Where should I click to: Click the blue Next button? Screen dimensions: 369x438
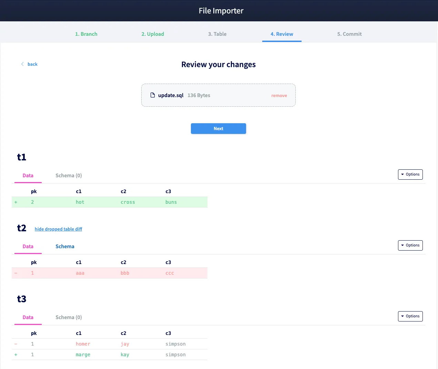point(218,128)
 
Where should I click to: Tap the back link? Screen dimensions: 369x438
point(32,64)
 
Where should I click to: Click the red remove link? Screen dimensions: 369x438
point(279,96)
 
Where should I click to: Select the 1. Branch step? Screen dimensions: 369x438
point(86,34)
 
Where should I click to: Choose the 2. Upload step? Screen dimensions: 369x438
point(153,34)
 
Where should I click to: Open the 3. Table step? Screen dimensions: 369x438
point(217,34)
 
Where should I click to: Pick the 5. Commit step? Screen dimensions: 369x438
point(349,34)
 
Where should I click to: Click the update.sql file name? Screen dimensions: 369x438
point(171,95)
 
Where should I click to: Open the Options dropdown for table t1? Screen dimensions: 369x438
point(410,175)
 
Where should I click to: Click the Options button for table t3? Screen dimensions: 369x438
point(410,316)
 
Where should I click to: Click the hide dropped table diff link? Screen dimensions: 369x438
point(58,229)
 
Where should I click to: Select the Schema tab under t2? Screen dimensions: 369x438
point(65,246)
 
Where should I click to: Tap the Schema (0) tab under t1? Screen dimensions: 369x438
point(69,176)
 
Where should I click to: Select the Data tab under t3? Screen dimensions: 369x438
point(28,317)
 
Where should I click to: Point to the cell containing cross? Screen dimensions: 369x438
point(128,202)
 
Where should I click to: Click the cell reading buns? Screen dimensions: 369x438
point(171,202)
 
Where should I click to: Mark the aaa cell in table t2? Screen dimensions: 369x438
point(80,273)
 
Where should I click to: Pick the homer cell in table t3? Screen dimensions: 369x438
point(83,344)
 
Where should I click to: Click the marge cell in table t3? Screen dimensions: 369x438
point(83,355)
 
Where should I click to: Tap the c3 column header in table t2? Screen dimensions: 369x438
point(168,262)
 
